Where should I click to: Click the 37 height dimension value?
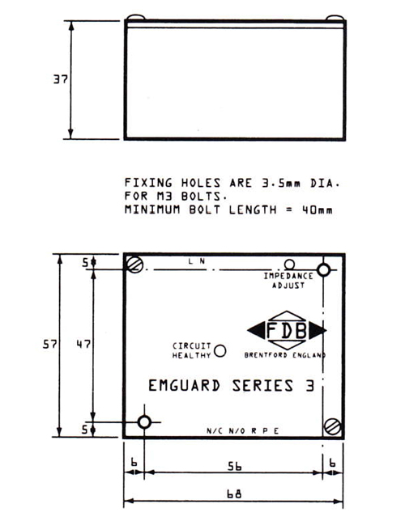pos(60,79)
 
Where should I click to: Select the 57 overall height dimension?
pos(50,345)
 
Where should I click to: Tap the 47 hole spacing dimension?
pos(83,344)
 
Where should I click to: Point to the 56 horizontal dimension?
pos(235,466)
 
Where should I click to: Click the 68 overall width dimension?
pos(234,493)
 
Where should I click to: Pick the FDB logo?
pos(287,330)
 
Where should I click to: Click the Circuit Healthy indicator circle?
pos(220,350)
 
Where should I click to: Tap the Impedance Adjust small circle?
pos(289,265)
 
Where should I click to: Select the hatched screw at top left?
pos(134,265)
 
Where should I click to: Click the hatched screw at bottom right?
pos(332,426)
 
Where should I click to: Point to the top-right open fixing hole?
pos(323,270)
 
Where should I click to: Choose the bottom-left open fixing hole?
pos(144,422)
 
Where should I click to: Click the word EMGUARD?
pos(185,386)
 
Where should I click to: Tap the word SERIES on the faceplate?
pos(262,386)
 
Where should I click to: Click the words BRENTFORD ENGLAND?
pos(285,355)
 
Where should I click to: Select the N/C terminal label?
pos(215,431)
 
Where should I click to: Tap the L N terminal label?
pos(197,261)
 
